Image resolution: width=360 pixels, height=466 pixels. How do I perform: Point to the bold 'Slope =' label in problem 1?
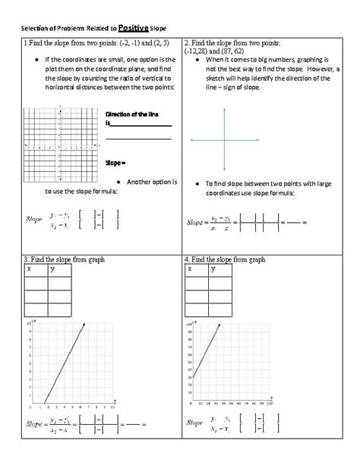click(115, 162)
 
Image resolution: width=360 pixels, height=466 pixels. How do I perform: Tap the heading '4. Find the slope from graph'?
click(224, 259)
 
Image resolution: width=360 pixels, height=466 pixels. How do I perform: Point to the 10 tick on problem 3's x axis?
click(112, 408)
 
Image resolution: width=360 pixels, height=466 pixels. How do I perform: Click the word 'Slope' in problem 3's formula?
click(36, 423)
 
